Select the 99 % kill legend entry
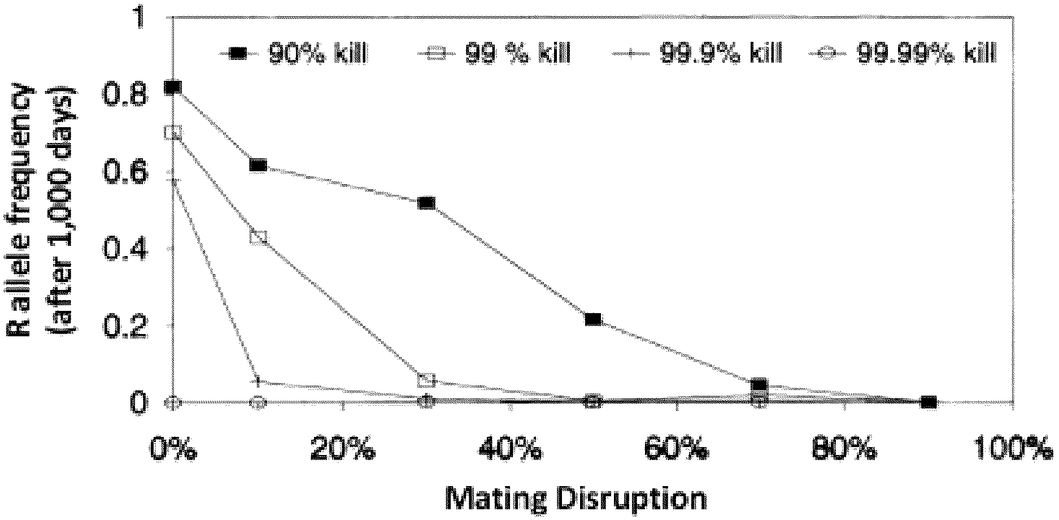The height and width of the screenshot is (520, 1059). tap(494, 54)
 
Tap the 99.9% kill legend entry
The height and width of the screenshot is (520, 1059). tap(698, 54)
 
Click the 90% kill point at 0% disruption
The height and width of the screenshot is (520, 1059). tap(173, 87)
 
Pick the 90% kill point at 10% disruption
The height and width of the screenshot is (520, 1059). tap(258, 165)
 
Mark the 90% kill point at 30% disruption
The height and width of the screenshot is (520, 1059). tap(426, 203)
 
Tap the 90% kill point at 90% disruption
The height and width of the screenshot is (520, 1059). tap(929, 402)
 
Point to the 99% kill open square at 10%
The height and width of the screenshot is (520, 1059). tap(258, 237)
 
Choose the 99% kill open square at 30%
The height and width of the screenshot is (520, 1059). tap(427, 380)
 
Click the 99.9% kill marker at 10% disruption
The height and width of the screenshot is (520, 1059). tap(258, 382)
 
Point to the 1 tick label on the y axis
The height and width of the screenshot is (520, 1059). tap(139, 19)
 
